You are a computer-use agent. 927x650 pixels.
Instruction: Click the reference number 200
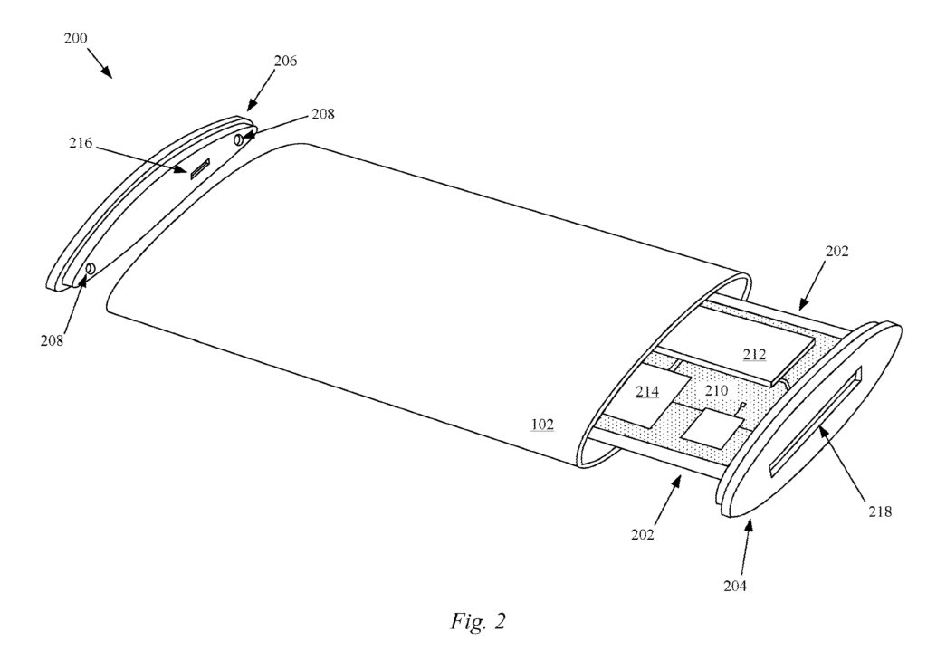pos(76,38)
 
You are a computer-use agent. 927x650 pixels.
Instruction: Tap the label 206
pos(285,61)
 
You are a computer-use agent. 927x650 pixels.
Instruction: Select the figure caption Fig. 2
pos(478,621)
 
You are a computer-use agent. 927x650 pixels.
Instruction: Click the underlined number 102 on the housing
pos(542,424)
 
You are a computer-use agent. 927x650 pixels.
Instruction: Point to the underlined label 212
pos(754,354)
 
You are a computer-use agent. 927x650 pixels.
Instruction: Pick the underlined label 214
pos(647,391)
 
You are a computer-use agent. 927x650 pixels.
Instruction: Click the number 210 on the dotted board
pos(716,391)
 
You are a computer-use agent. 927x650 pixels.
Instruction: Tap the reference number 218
pos(880,511)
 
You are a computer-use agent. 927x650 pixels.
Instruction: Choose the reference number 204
pos(735,586)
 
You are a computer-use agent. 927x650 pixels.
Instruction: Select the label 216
pos(81,143)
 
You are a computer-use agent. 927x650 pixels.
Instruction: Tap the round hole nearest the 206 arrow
pos(239,139)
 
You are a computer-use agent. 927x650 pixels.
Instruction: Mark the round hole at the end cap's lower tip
pos(91,269)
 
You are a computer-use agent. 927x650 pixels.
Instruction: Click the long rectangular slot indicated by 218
pos(816,421)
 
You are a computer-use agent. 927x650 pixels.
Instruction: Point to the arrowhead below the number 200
pos(107,72)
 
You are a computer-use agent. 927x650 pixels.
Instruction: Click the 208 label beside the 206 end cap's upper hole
pos(323,114)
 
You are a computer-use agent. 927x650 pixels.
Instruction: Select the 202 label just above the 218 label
pos(836,252)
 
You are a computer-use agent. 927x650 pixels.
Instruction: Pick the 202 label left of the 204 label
pos(643,535)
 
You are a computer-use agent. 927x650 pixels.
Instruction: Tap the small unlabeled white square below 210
pos(712,427)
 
